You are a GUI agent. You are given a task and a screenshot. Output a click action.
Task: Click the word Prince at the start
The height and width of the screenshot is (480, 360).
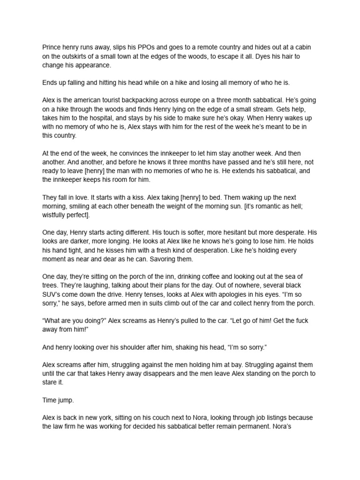pos(52,47)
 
